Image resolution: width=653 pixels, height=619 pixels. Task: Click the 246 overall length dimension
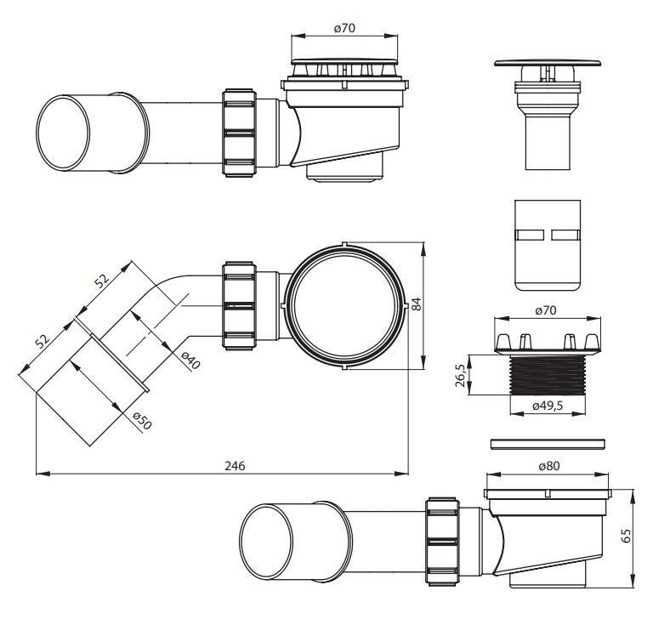coord(235,466)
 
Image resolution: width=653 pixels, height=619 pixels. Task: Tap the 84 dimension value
coord(417,304)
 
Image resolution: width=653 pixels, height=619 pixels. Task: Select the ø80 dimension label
coord(549,466)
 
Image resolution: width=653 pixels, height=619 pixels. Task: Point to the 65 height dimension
coord(626,536)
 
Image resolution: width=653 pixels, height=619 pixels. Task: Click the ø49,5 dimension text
coord(548,406)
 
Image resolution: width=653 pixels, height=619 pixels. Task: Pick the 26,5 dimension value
coord(460,375)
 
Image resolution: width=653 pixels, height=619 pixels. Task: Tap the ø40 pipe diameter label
coord(190,361)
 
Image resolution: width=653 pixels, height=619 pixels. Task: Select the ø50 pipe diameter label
coord(142,421)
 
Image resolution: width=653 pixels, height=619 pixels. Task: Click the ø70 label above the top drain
coord(344,28)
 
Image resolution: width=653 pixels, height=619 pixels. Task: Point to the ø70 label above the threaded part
coord(546,310)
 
